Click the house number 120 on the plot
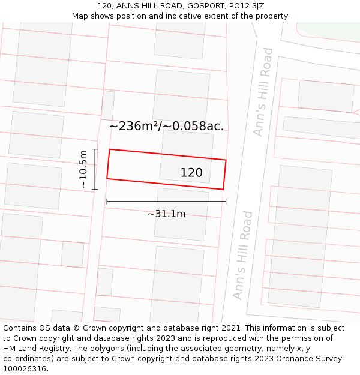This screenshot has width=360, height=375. (191, 173)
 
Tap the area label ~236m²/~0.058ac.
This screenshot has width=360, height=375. (166, 126)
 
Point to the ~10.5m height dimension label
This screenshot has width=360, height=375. (83, 169)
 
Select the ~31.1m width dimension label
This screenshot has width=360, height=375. (166, 214)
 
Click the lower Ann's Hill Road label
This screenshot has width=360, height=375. (242, 255)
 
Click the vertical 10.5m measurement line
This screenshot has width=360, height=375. (95, 169)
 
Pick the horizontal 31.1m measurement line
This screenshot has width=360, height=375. (166, 202)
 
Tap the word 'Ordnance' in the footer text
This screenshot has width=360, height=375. (298, 359)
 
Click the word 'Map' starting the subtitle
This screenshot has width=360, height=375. (80, 16)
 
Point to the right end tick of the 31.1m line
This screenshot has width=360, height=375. (226, 202)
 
